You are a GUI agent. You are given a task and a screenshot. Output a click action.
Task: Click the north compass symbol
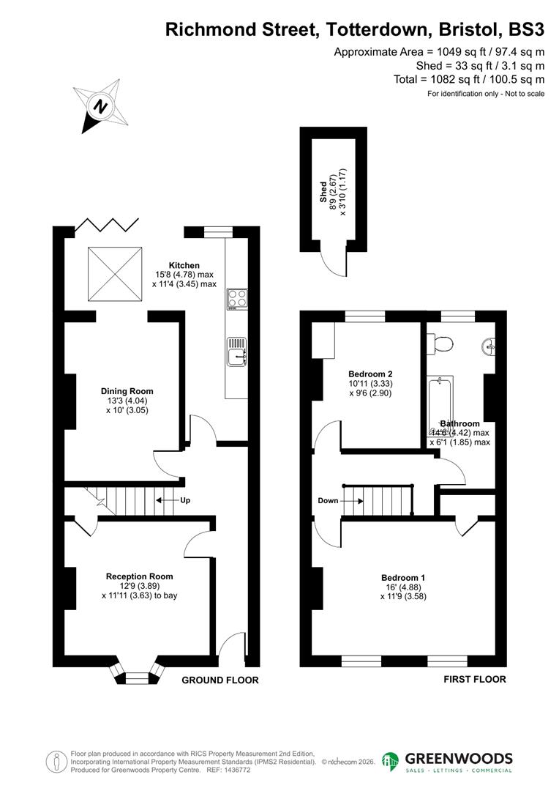pos(101,105)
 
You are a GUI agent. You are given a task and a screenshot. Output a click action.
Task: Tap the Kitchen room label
pos(184,265)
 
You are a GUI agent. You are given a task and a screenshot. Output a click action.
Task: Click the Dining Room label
pos(127,391)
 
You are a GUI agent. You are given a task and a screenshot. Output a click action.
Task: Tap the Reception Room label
pos(139,576)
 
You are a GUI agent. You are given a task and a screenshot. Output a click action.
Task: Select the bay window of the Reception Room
pos(137,674)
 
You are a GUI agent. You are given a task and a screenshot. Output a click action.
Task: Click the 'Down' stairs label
pos(329,501)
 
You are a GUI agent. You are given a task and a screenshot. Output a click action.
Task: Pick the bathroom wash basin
pos(491,344)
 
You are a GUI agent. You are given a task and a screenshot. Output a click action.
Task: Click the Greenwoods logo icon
pos(391,762)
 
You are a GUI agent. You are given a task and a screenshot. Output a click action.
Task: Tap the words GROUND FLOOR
pos(220,680)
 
